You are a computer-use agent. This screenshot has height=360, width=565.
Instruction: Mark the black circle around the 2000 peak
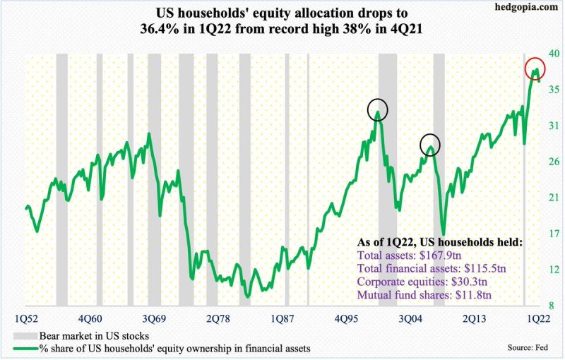(379, 110)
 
